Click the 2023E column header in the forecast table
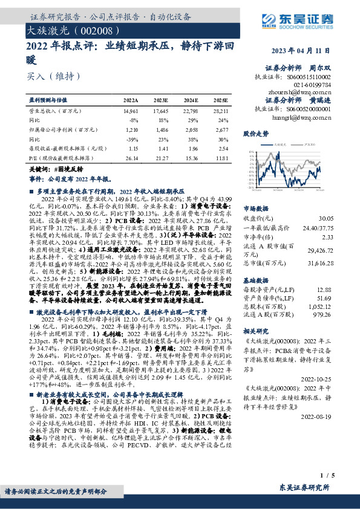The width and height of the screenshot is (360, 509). [160, 100]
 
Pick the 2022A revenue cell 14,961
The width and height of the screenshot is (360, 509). [131, 112]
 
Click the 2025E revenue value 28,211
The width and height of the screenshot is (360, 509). [221, 112]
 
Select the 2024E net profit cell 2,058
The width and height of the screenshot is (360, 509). [191, 130]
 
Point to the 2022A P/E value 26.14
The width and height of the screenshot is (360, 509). [131, 157]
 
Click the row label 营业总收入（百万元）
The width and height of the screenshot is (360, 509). [55, 112]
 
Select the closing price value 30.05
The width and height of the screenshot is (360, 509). [326, 218]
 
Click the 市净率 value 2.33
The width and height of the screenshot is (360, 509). [327, 238]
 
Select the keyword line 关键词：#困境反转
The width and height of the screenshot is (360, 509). [57, 170]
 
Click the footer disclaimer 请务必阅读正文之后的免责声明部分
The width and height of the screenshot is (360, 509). [65, 492]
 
